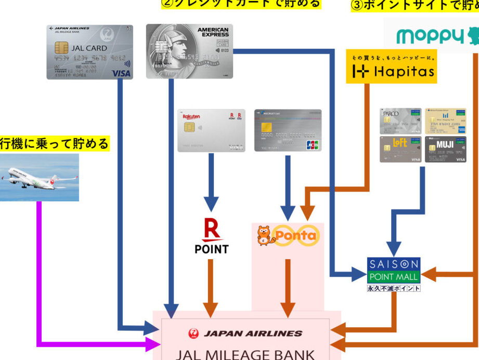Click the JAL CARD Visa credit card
(89, 52)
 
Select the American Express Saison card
(189, 51)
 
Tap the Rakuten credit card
(211, 130)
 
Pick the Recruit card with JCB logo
(288, 130)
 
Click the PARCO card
(400, 121)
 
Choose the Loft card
(400, 149)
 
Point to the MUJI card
(445, 149)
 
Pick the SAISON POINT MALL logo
(394, 270)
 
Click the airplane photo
(40, 177)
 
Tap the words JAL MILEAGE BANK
(245, 354)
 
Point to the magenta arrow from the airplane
(39, 271)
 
